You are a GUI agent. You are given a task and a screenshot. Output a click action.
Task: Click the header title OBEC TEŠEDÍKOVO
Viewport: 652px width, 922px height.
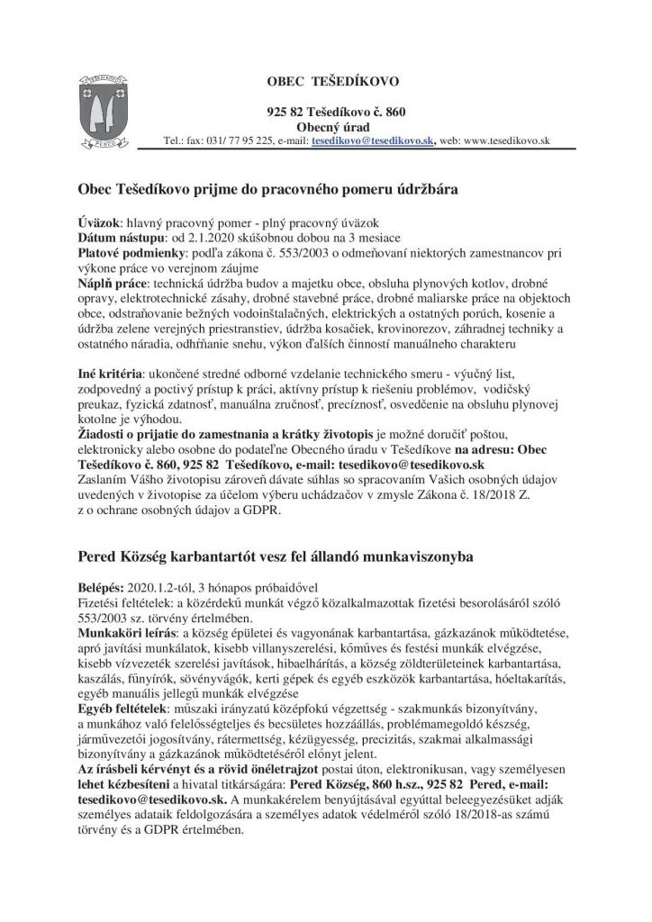pos(337,82)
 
